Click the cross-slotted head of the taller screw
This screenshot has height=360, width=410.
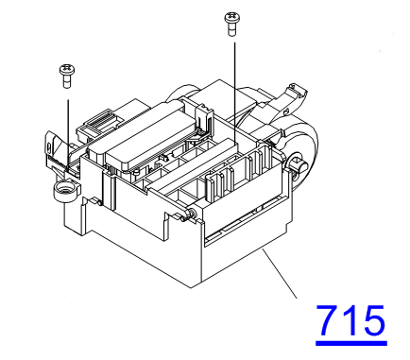(x=232, y=18)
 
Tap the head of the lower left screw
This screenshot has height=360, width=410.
(x=67, y=69)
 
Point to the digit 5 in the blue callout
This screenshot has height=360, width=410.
(x=374, y=320)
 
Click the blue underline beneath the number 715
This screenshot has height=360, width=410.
(x=351, y=342)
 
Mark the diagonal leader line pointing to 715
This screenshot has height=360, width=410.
(x=280, y=273)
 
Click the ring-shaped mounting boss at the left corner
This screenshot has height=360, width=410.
(x=65, y=191)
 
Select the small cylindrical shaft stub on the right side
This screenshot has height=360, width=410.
(x=299, y=163)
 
